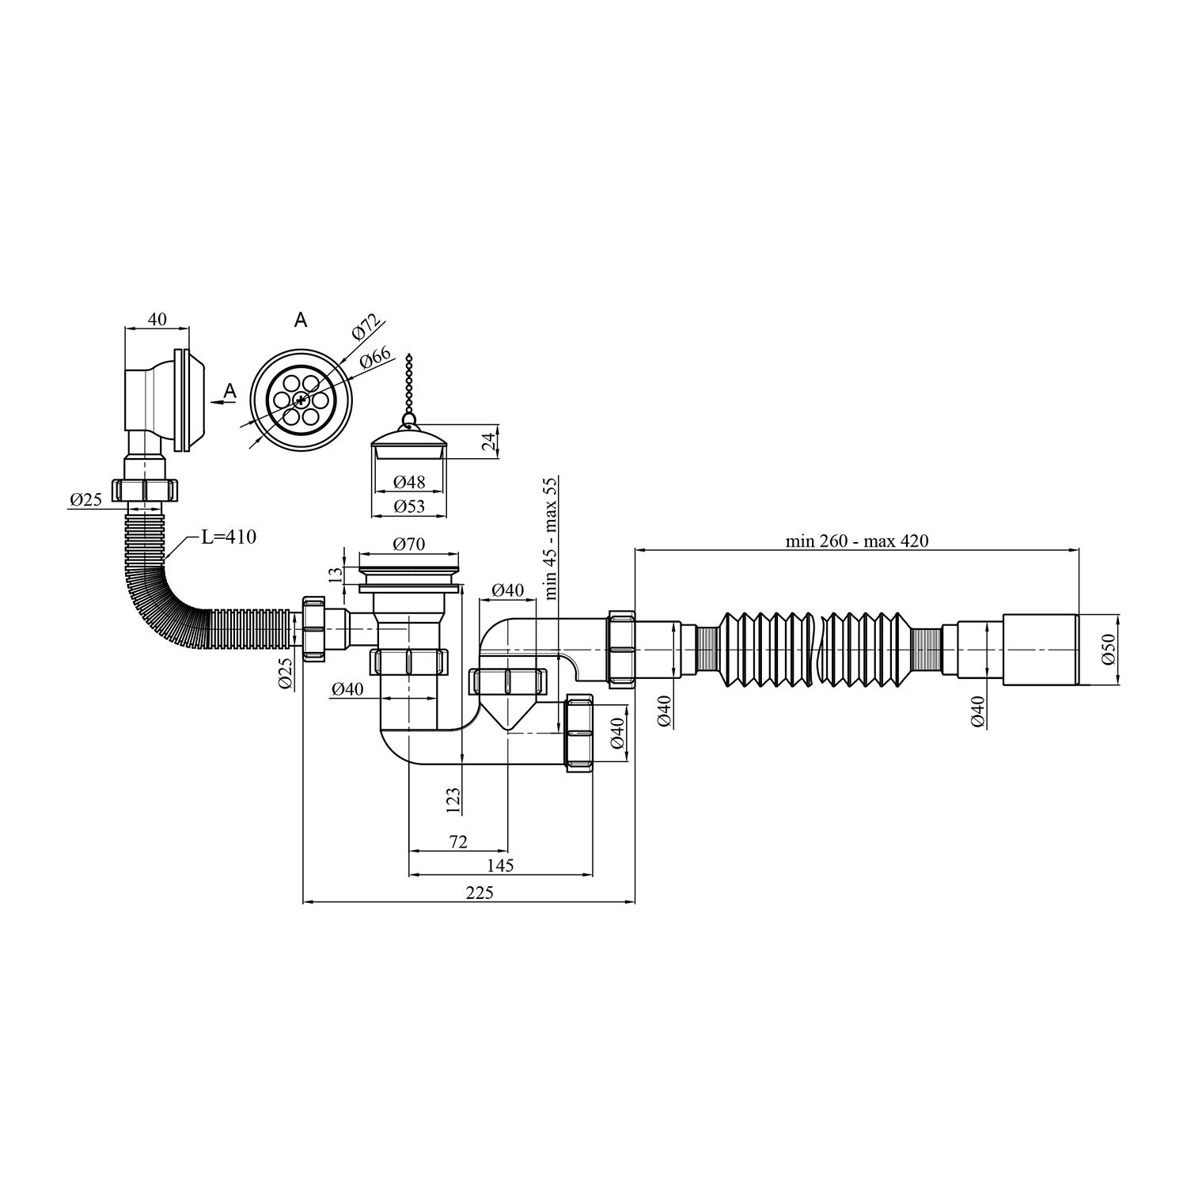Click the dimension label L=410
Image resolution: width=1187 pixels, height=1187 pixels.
coord(229,537)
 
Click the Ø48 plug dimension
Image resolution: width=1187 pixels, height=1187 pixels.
coord(409,482)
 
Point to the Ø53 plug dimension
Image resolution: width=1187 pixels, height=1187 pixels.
coord(409,506)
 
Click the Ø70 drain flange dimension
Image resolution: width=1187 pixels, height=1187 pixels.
coord(409,544)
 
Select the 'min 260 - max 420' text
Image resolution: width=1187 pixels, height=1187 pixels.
coord(856,541)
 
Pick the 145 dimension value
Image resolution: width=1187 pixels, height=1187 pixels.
coord(500,866)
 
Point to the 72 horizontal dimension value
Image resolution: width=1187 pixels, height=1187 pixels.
coord(457,842)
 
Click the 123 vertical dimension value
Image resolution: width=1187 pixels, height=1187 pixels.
coord(453,800)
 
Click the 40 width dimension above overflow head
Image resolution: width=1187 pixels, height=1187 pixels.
coord(157,319)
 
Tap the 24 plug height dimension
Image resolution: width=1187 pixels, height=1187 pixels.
coord(489,442)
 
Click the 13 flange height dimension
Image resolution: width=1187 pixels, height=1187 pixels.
coord(341,573)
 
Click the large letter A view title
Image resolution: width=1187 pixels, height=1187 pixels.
coord(300,320)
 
